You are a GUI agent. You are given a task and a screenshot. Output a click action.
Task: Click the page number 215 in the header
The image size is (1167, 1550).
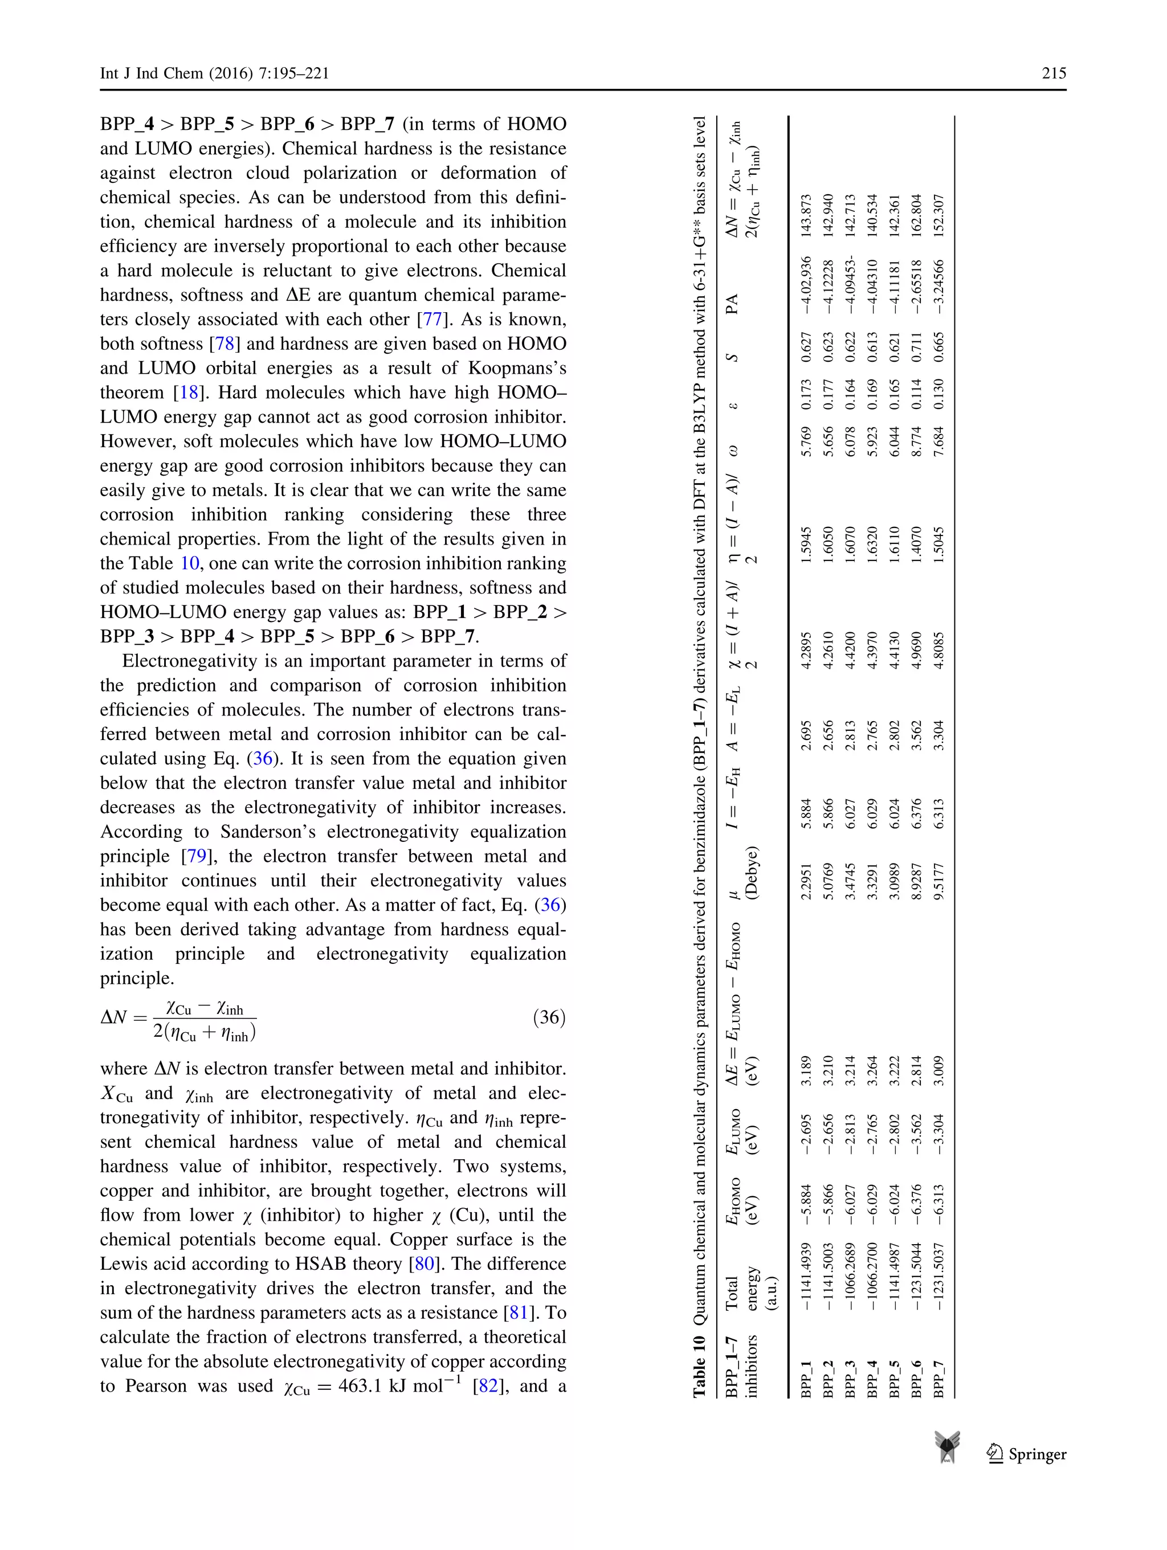click(x=1054, y=73)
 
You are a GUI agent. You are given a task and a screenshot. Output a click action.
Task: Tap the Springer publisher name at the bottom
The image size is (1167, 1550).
click(x=1037, y=1454)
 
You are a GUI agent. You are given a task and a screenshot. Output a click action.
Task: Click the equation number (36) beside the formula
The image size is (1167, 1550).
click(x=549, y=1017)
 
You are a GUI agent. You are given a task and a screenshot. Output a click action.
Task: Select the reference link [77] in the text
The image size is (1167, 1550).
click(x=430, y=320)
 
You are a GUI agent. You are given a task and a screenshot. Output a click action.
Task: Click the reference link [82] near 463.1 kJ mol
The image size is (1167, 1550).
click(x=488, y=1385)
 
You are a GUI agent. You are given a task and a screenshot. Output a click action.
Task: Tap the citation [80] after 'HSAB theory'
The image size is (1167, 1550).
click(x=425, y=1263)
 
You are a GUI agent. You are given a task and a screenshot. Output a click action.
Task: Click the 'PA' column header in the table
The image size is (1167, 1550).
click(x=732, y=304)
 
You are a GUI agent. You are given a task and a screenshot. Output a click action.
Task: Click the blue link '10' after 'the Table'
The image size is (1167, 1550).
click(x=189, y=563)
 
